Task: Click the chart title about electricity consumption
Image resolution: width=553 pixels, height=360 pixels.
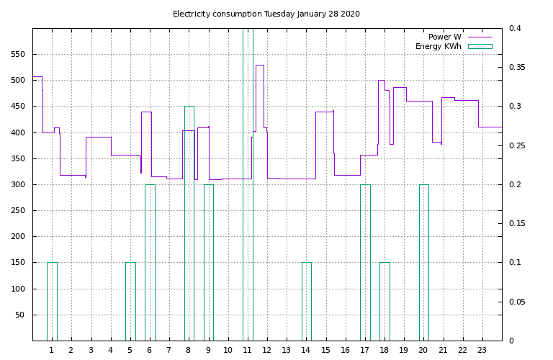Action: [x=266, y=14]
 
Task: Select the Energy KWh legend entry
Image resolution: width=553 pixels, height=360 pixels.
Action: [x=439, y=47]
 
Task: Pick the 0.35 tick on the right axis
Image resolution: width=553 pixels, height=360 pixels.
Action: [x=516, y=68]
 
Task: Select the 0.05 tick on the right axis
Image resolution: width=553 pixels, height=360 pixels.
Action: [x=516, y=302]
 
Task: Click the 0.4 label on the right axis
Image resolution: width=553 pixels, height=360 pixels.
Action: [x=513, y=29]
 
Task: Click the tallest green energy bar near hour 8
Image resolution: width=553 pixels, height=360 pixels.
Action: [x=189, y=223]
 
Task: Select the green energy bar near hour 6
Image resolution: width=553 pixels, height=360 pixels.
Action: [x=150, y=263]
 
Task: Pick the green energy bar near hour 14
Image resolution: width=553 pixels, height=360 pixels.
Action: [x=307, y=302]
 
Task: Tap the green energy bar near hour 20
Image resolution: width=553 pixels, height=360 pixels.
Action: [x=424, y=263]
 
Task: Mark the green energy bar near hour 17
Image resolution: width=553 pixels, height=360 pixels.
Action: [x=365, y=263]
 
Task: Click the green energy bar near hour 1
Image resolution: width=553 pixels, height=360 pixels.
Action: [x=52, y=302]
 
